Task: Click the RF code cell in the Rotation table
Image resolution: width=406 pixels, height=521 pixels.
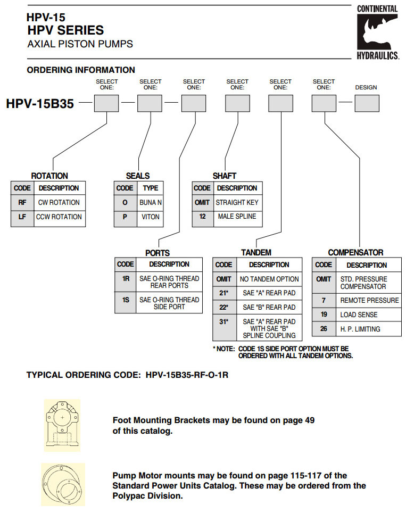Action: tap(22, 203)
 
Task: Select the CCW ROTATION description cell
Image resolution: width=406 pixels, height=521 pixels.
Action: tap(60, 217)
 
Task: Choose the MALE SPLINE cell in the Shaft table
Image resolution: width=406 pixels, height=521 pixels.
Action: tap(237, 217)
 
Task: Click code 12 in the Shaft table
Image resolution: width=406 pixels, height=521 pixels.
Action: tap(202, 217)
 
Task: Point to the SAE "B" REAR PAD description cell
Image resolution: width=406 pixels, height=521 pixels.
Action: tap(269, 308)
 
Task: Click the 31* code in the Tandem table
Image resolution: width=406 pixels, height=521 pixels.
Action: tap(224, 321)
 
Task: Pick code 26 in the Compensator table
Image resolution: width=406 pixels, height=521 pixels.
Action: tap(324, 329)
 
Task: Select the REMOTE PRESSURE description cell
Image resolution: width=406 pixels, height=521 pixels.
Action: tap(369, 301)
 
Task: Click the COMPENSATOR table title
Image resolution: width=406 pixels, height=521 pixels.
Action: tap(355, 253)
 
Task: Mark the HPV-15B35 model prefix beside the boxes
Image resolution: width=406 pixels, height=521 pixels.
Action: tap(40, 103)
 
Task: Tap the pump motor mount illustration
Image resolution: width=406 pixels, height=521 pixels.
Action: tap(63, 484)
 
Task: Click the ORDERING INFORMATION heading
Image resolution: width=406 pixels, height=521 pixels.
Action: tap(81, 70)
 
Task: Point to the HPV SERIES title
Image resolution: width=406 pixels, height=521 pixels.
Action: tap(65, 30)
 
